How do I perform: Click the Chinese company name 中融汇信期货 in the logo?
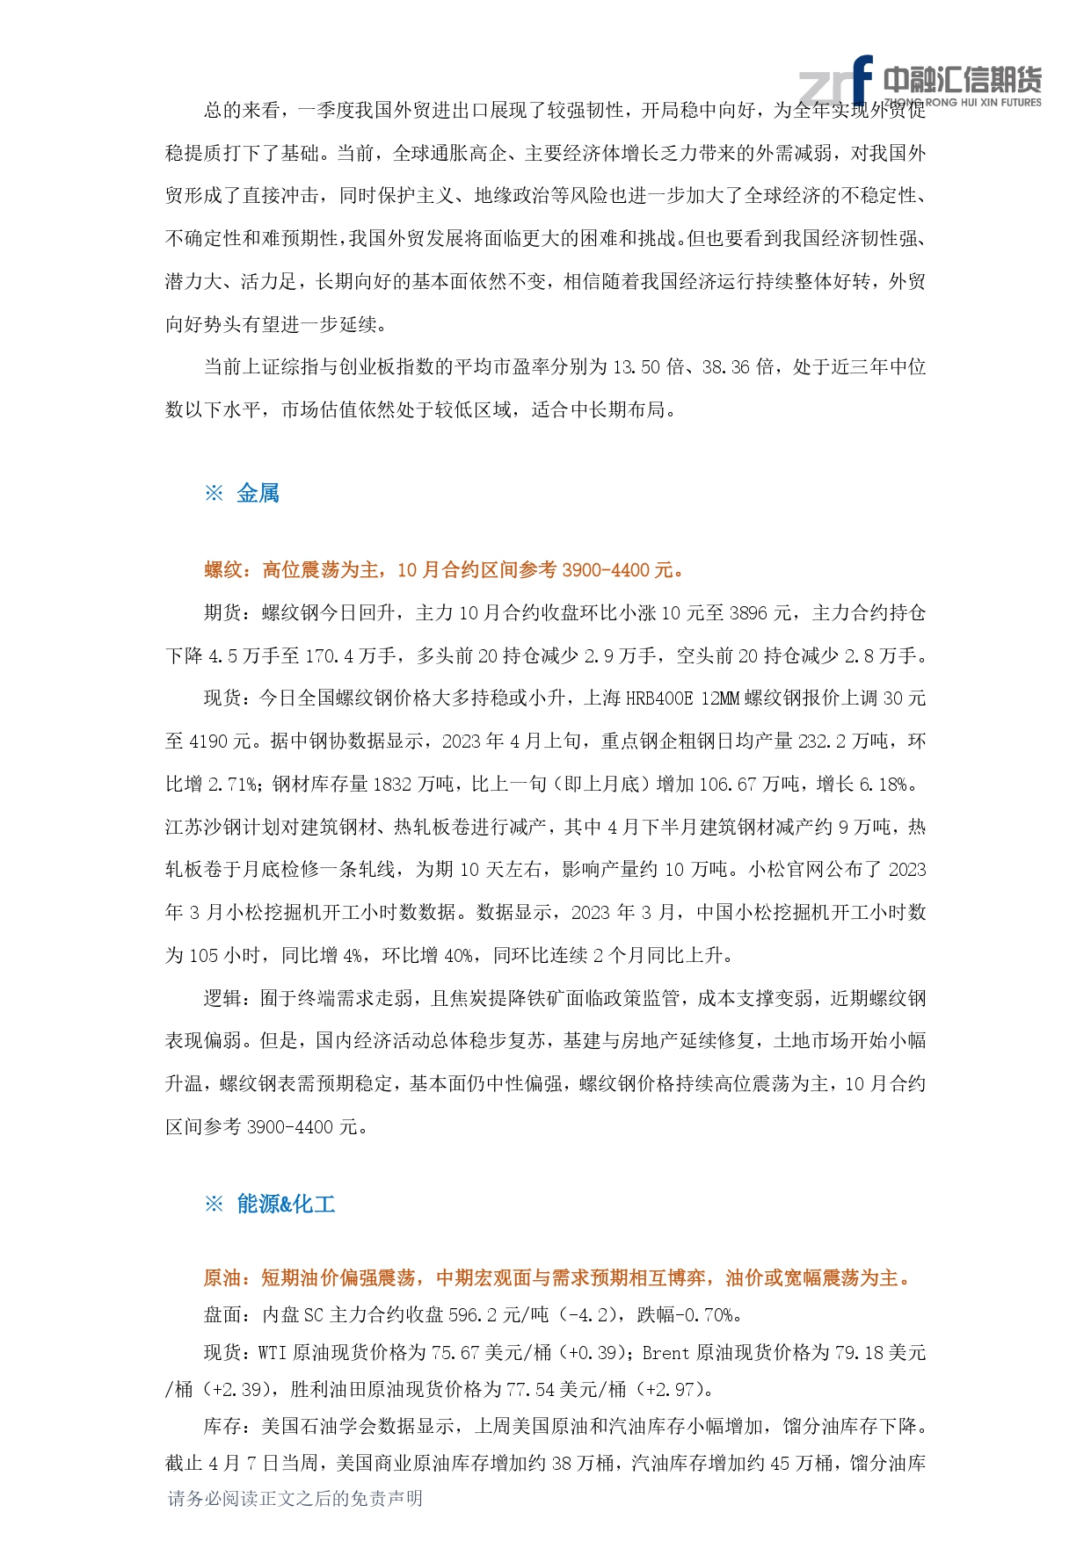962,80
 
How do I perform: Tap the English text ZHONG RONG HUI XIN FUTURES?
963,103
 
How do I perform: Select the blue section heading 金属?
258,494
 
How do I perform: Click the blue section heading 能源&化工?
286,1204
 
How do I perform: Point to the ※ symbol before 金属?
214,494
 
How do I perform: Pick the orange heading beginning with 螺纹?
444,570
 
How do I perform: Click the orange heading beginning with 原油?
558,1278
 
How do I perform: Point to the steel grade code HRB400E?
658,698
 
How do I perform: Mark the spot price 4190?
208,742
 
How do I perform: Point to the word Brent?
666,1353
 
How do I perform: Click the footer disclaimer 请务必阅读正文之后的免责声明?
295,1499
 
